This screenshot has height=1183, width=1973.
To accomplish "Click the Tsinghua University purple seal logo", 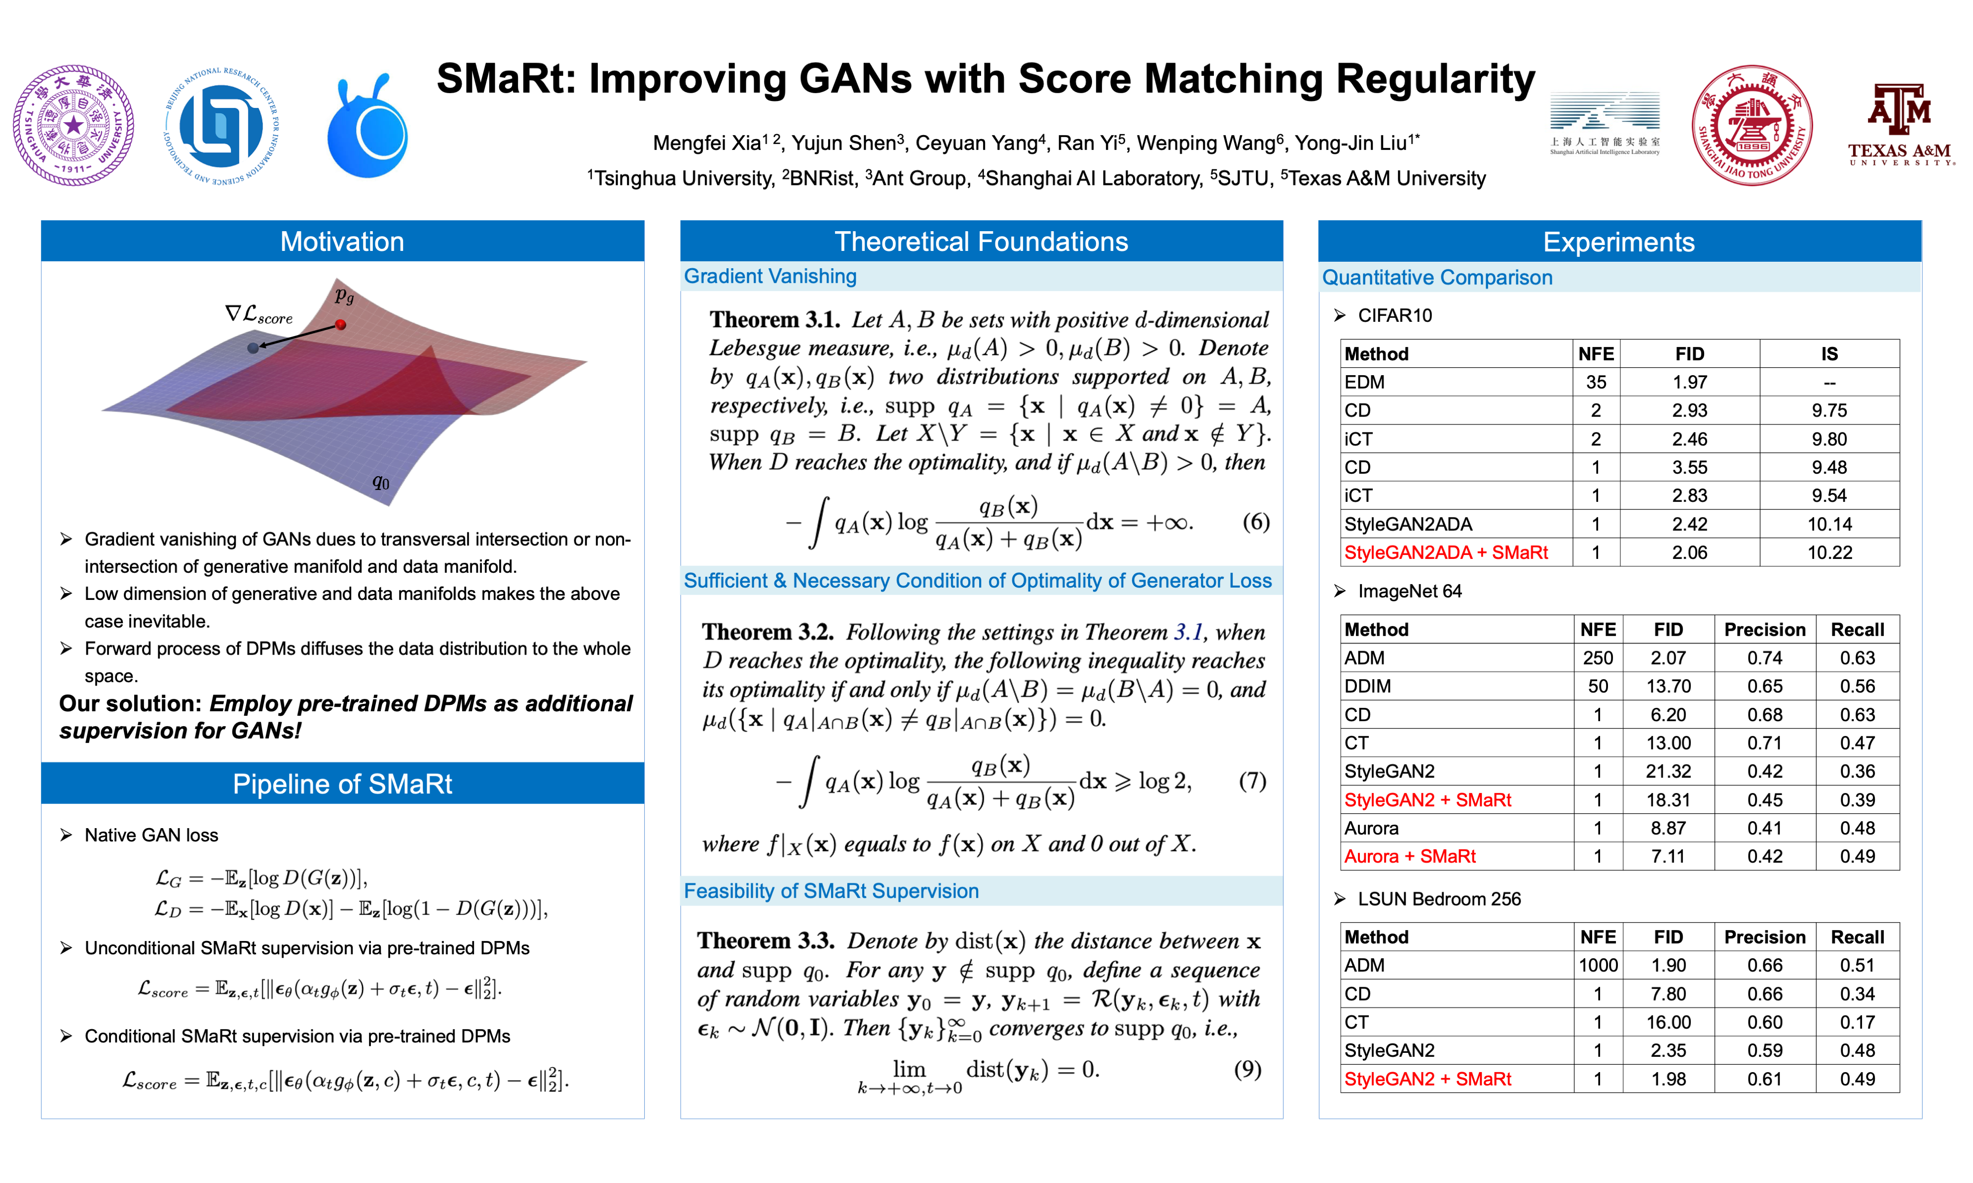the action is (x=73, y=125).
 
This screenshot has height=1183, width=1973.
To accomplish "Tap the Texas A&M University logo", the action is (x=1901, y=124).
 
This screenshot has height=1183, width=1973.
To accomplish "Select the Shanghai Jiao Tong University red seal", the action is (x=1752, y=125).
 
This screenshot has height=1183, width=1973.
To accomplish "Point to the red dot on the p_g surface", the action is (x=340, y=324).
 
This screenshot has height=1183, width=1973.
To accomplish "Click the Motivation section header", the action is (x=342, y=242).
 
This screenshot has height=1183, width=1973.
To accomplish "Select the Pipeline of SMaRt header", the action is (x=342, y=784).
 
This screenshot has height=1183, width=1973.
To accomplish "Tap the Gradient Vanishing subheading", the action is (x=770, y=276).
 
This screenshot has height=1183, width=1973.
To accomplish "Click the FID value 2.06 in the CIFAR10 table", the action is (x=1689, y=553).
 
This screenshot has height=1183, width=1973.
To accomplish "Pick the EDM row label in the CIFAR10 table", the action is (x=1364, y=382).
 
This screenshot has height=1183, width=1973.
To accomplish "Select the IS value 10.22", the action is (x=1829, y=553).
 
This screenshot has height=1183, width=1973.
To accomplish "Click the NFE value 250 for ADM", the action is (x=1598, y=658).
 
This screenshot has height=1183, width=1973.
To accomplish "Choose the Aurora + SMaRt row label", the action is (x=1410, y=856).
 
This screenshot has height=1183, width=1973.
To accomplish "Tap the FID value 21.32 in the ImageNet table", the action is (x=1668, y=771).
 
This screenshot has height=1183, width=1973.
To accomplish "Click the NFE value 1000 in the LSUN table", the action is (x=1598, y=965).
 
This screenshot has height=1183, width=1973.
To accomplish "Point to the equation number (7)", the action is (x=1252, y=780).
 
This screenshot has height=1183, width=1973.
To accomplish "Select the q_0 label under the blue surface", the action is (x=381, y=482).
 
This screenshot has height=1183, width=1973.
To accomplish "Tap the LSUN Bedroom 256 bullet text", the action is (x=1439, y=899).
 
